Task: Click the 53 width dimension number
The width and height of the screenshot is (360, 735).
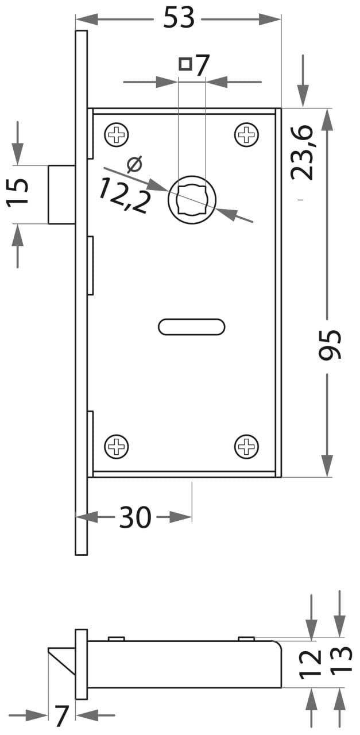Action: pos(179,17)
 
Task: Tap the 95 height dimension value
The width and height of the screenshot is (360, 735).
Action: pos(330,344)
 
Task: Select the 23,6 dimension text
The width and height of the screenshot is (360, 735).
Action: pos(302,152)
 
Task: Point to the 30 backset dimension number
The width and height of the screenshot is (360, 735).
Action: pos(135,517)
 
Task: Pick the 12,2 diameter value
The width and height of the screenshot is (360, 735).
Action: pos(123,195)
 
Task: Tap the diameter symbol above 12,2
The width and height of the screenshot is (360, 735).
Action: pos(134,165)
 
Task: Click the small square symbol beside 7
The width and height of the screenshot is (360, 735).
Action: pos(185,64)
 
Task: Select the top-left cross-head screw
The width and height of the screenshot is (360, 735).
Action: pos(116,135)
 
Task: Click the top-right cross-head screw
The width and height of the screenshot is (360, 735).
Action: pos(246,135)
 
